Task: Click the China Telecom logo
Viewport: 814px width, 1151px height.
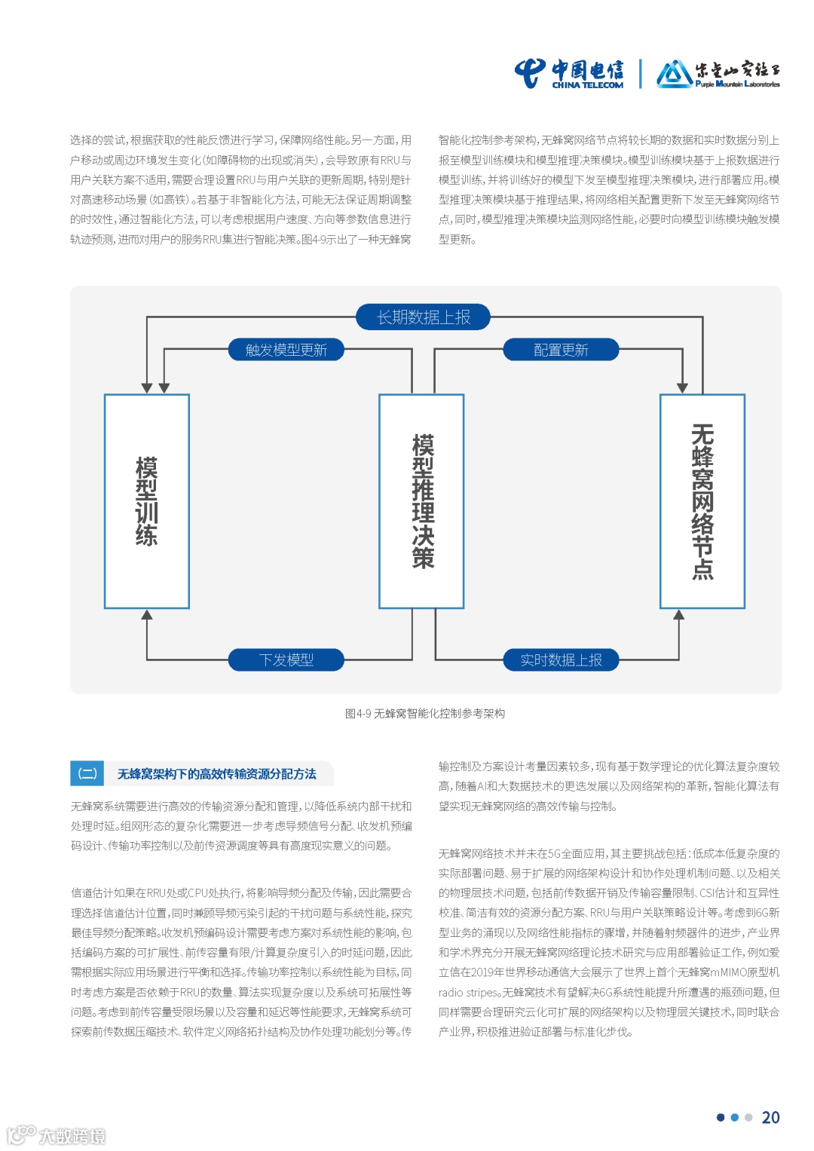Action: [569, 74]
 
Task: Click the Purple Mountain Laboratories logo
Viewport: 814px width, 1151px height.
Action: [718, 74]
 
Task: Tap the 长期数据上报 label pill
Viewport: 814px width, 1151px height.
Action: [423, 317]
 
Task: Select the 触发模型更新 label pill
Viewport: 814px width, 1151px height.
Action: [286, 350]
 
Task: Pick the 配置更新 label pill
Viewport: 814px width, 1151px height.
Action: [561, 350]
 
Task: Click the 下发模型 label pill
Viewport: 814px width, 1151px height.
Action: [286, 660]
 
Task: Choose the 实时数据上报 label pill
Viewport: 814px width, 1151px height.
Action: [561, 660]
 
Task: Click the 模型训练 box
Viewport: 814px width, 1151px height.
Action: [147, 501]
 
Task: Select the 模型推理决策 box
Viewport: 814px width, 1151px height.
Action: [421, 501]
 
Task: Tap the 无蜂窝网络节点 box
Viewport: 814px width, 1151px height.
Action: [702, 501]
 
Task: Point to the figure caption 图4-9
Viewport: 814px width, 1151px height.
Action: [425, 713]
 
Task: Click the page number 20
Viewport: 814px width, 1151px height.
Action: [770, 1118]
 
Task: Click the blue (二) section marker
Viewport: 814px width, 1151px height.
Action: [88, 773]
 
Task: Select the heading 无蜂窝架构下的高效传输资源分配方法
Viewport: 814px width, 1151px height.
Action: [216, 774]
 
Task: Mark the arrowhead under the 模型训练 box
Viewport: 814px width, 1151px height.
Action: [147, 615]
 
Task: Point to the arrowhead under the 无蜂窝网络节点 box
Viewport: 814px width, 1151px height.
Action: [679, 615]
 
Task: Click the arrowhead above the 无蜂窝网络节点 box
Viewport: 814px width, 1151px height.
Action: [682, 388]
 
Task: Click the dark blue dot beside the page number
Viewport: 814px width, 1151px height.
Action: [721, 1118]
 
